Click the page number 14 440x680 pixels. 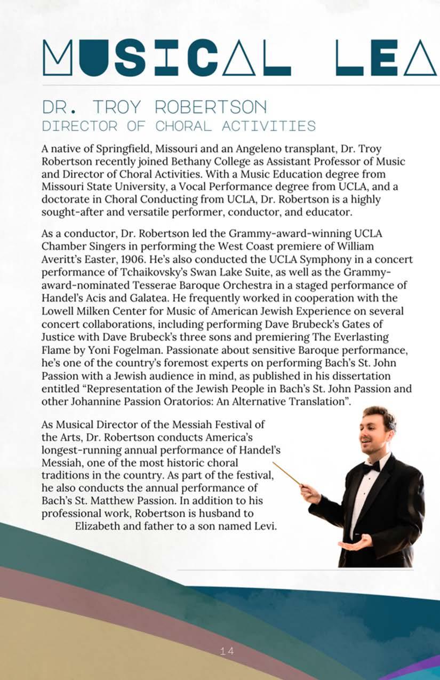(227, 651)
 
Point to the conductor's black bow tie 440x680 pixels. (371, 467)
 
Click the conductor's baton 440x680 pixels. (288, 474)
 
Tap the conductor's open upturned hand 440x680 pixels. (355, 545)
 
